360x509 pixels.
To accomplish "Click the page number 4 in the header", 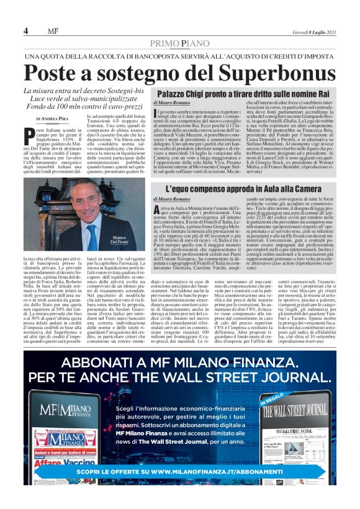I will coord(26,31).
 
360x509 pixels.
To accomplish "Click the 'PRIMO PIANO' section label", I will coord(180,43).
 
